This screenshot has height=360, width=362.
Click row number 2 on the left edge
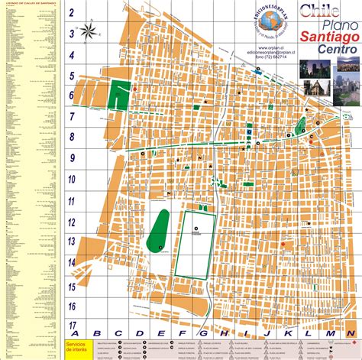pos(71,13)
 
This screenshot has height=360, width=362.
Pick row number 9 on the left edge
pos(71,159)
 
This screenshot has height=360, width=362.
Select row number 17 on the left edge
pos(71,325)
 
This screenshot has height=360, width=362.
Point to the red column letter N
pos(350,334)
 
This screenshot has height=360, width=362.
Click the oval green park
pos(159,229)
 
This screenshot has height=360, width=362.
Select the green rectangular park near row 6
pos(118,97)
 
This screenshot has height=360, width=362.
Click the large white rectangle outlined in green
pos(196,244)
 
